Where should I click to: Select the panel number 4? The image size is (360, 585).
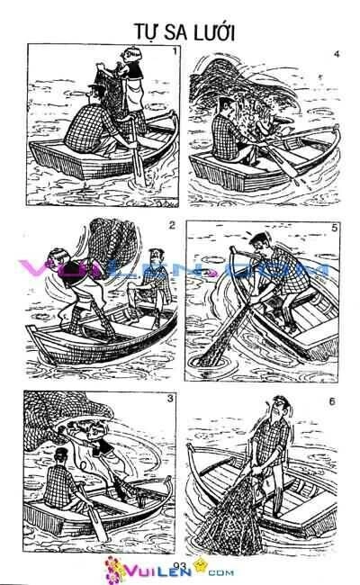click(x=336, y=56)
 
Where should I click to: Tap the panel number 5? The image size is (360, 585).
click(x=334, y=227)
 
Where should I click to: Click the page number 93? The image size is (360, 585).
click(x=178, y=565)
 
